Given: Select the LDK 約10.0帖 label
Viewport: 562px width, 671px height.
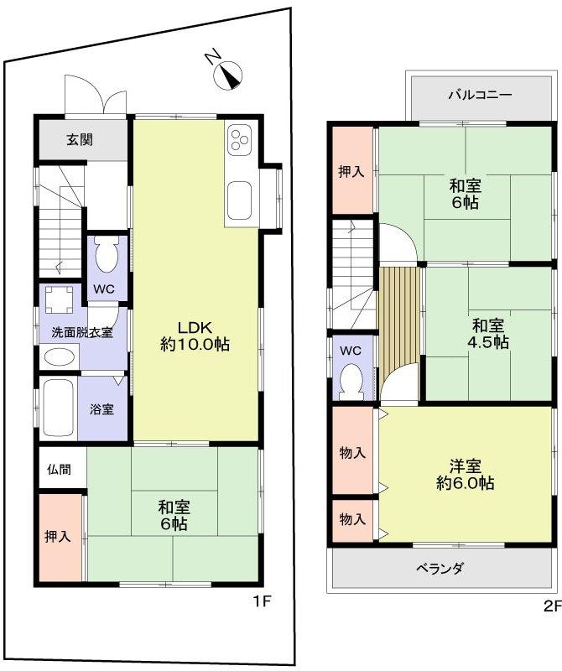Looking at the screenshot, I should pos(195,335).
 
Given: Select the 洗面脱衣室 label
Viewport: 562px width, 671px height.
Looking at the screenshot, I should pos(82,331).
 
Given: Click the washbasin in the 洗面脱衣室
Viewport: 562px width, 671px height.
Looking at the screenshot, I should pos(58,356).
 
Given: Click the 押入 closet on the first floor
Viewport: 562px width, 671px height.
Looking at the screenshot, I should pos(59,537).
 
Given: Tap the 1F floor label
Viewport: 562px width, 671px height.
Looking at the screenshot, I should pos(263,601).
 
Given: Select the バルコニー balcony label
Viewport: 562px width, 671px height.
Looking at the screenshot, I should pos(479,94).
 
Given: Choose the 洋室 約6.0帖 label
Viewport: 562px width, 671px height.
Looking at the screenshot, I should pos(464,474).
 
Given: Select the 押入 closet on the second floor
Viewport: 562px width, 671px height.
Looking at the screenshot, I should pos(351,172).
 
